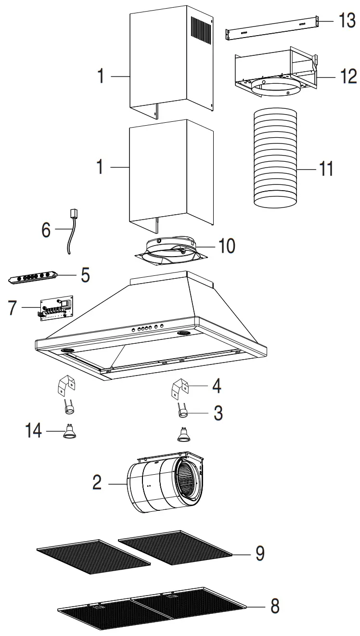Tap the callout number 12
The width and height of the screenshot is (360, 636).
click(x=346, y=76)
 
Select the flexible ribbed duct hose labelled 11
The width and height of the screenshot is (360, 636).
click(x=275, y=158)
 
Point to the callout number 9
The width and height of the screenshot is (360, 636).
click(x=259, y=553)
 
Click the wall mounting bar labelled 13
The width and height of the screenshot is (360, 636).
click(x=272, y=26)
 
